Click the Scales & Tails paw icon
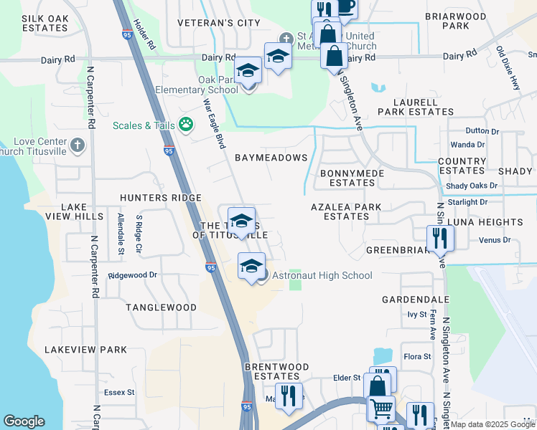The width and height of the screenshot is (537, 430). pos(186,125)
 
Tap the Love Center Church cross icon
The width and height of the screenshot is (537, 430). pos(78,146)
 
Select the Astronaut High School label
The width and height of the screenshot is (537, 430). pos(322,275)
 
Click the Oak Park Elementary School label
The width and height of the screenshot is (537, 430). pos(197,85)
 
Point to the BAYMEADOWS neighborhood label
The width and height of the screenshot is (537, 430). pos(271,158)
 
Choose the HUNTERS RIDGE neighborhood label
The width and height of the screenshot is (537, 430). pos(161,198)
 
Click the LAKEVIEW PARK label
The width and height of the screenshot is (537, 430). pos(85,350)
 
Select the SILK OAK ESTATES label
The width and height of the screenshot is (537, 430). pos(45,23)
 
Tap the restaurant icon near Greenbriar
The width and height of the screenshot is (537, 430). pos(439,239)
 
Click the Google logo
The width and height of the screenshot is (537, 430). pos(24,421)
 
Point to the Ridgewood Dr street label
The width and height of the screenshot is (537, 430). pos(133,274)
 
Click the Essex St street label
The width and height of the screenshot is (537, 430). pos(119,392)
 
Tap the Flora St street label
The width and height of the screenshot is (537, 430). pos(416,356)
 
